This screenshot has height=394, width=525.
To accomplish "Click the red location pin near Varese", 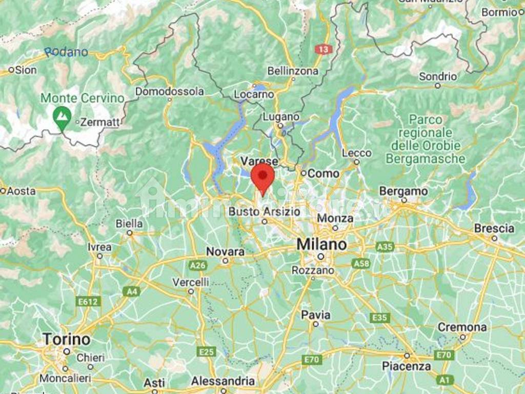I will click(x=263, y=178).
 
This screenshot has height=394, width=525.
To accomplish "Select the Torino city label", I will click(x=66, y=339).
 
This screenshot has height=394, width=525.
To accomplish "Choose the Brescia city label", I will click(x=494, y=228).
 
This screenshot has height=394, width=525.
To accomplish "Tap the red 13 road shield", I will click(x=324, y=49).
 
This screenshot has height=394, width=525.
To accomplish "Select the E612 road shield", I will click(x=88, y=302).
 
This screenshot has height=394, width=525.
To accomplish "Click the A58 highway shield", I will click(x=361, y=263).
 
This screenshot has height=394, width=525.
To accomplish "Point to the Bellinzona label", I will click(x=293, y=71).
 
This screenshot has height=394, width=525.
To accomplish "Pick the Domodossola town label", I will click(x=169, y=91).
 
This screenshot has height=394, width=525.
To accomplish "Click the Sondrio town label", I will click(x=437, y=76).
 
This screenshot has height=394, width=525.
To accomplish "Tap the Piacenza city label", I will click(x=407, y=366).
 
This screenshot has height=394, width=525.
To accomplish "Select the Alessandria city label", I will click(x=223, y=381).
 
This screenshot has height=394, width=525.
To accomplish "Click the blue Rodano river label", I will click(x=66, y=52).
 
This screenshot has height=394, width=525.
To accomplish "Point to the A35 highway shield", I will click(x=385, y=247).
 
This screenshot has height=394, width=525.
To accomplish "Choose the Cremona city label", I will click(x=462, y=327).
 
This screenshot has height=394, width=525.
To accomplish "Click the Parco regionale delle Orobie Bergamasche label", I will click(x=425, y=139).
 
